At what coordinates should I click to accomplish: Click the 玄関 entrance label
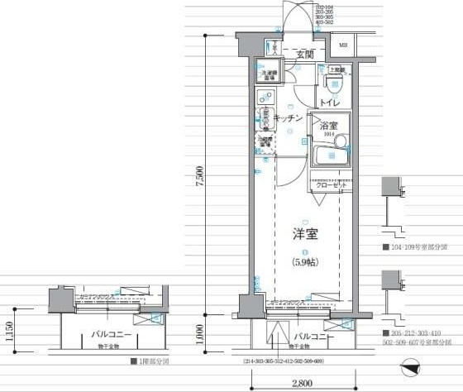[x=305, y=55]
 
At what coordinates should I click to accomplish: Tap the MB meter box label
[x=341, y=46]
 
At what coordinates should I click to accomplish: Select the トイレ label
[x=330, y=103]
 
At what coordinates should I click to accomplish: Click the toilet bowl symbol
[x=337, y=86]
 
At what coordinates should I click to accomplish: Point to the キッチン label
[x=286, y=119]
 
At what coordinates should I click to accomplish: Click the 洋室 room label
[x=305, y=233]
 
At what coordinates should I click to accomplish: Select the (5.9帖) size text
[x=304, y=262]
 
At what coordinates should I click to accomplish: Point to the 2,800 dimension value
[x=302, y=383]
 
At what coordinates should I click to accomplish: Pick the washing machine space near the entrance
[x=269, y=75]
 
